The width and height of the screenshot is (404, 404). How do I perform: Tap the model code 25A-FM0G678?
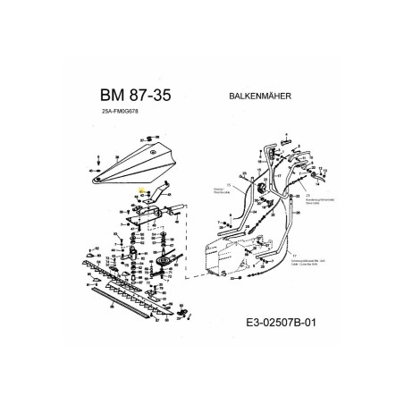pos(121,113)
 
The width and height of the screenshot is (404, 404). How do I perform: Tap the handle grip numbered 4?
pos(286,140)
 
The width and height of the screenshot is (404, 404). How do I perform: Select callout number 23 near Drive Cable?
pos(307,194)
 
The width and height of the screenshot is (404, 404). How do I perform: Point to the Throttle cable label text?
pos(214,192)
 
